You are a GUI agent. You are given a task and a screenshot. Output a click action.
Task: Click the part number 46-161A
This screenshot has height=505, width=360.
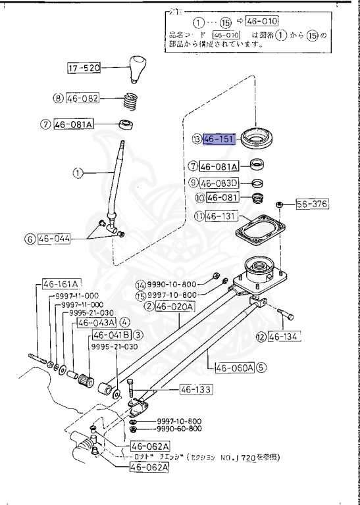click(61, 284)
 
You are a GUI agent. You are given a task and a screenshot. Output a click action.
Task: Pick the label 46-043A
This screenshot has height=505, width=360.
click(96, 323)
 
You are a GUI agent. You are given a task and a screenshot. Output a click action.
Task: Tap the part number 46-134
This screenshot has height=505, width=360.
click(284, 337)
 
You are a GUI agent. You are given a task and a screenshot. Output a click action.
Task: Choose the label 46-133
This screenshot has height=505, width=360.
click(196, 390)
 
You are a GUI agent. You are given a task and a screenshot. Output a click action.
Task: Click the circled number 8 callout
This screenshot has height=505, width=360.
click(58, 99)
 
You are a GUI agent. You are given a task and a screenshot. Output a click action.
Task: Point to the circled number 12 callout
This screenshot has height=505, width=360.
click(261, 337)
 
